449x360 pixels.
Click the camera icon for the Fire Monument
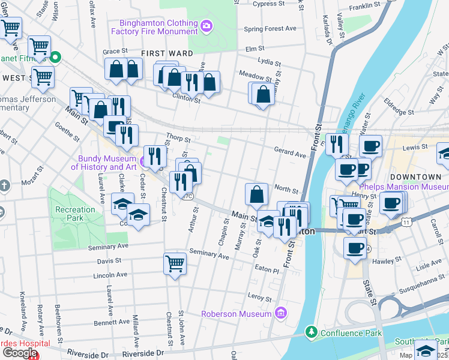[x=206, y=26]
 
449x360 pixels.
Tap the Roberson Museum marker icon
[x=280, y=313]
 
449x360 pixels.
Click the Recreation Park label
[x=75, y=210]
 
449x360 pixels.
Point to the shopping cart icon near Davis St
[x=175, y=263]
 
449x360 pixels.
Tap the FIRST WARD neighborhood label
[x=167, y=53]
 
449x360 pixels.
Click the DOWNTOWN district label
[x=415, y=177]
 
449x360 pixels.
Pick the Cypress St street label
[x=268, y=4]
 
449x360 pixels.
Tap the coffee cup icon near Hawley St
[x=355, y=247]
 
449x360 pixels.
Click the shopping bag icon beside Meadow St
[x=263, y=94]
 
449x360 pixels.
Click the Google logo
[x=19, y=352]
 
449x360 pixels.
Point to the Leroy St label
[x=259, y=296]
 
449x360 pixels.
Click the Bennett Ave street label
[x=109, y=322]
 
